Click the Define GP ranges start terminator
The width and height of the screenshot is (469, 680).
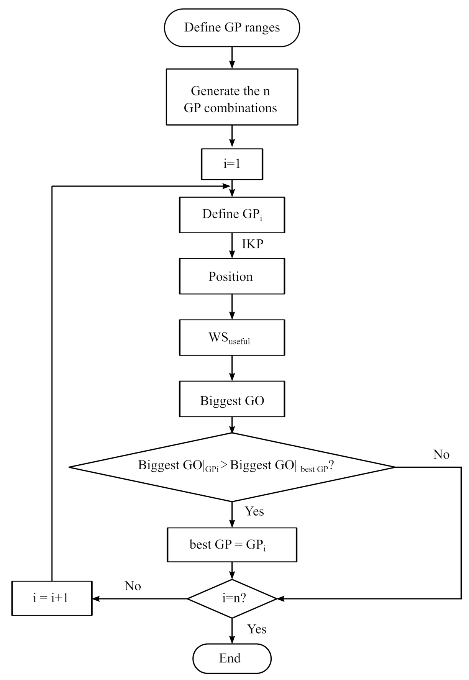pyautogui.click(x=232, y=28)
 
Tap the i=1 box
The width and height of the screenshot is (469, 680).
pyautogui.click(x=232, y=164)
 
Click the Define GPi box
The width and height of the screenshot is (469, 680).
pyautogui.click(x=232, y=215)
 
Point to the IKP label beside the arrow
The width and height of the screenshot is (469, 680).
pyautogui.click(x=253, y=244)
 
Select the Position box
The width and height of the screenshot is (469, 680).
pyautogui.click(x=232, y=276)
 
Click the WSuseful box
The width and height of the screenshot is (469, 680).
pyautogui.click(x=232, y=338)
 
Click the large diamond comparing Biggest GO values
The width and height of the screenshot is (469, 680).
pyautogui.click(x=232, y=467)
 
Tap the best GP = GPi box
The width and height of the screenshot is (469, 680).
pyautogui.click(x=232, y=545)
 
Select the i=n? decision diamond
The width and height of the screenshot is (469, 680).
pyautogui.click(x=232, y=598)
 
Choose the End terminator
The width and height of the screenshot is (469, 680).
pyautogui.click(x=232, y=658)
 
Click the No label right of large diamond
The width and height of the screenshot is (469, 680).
pyautogui.click(x=441, y=454)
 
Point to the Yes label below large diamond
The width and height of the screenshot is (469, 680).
pyautogui.click(x=254, y=511)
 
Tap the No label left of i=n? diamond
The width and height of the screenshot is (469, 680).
pyautogui.click(x=133, y=586)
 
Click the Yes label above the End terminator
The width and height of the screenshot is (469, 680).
pyautogui.click(x=256, y=629)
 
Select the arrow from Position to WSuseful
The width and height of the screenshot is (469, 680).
pyautogui.click(x=232, y=306)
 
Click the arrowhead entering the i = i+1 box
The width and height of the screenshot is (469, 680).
pyautogui.click(x=96, y=598)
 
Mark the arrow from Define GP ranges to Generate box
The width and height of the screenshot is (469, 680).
pyautogui.click(x=232, y=57)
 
